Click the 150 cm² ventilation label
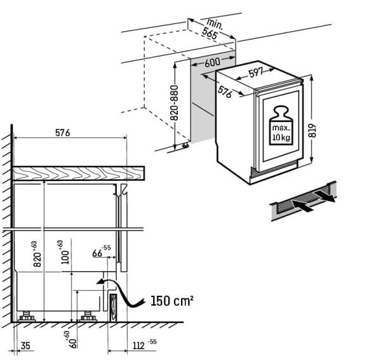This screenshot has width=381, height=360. pyautogui.click(x=172, y=301)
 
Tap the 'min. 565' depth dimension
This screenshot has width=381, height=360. pyautogui.click(x=212, y=29)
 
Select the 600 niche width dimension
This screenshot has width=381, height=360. pyautogui.click(x=212, y=62)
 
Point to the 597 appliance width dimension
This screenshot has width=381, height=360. pyautogui.click(x=256, y=72)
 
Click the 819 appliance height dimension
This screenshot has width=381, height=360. pyautogui.click(x=312, y=131)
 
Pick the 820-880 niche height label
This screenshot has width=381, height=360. pyautogui.click(x=174, y=103)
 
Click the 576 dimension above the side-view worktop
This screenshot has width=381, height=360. pyautogui.click(x=63, y=133)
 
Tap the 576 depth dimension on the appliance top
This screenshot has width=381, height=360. pyautogui.click(x=225, y=92)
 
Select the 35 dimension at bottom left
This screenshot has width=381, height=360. pyautogui.click(x=25, y=345)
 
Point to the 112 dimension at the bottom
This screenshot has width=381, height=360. pyautogui.click(x=145, y=345)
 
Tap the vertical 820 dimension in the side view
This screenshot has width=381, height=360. pyautogui.click(x=36, y=254)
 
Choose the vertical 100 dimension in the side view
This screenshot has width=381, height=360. pyautogui.click(x=64, y=253)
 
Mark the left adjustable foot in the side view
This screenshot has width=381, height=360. pyautogui.click(x=27, y=316)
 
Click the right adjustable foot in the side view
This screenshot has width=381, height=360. pyautogui.click(x=88, y=316)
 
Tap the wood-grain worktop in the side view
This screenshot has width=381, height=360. pyautogui.click(x=79, y=173)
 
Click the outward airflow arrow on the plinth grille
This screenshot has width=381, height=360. pyautogui.click(x=324, y=196)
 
